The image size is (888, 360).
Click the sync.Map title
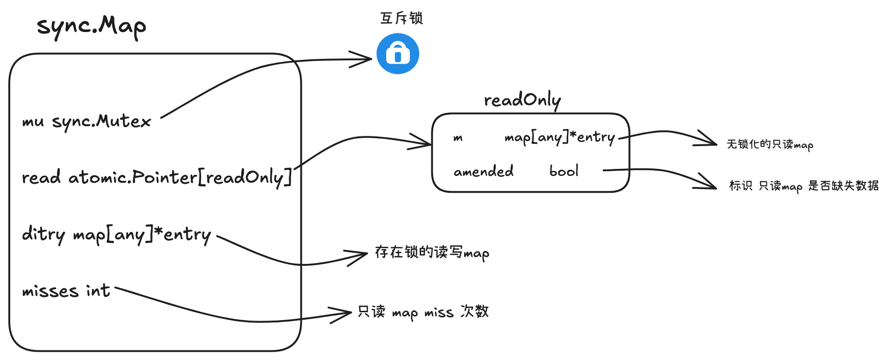pyautogui.click(x=91, y=27)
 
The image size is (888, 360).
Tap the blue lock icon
pyautogui.click(x=398, y=54)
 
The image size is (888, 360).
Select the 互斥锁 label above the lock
pyautogui.click(x=401, y=18)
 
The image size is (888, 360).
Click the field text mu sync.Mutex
pyautogui.click(x=87, y=122)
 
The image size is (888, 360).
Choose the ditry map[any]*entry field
pyautogui.click(x=116, y=234)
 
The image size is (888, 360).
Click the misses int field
pyautogui.click(x=66, y=291)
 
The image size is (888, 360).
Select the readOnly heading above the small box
pyautogui.click(x=523, y=100)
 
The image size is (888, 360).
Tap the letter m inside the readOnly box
pyautogui.click(x=458, y=138)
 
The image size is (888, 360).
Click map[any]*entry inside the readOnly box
pyautogui.click(x=560, y=137)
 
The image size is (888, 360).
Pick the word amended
pyautogui.click(x=484, y=172)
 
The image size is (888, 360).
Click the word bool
pyautogui.click(x=564, y=171)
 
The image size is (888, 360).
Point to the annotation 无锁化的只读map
pyautogui.click(x=770, y=145)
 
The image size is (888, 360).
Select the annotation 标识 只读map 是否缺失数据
pyautogui.click(x=804, y=186)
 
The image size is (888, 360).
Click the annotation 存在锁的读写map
pyautogui.click(x=432, y=253)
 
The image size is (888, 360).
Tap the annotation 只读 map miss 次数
pyautogui.click(x=423, y=312)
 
